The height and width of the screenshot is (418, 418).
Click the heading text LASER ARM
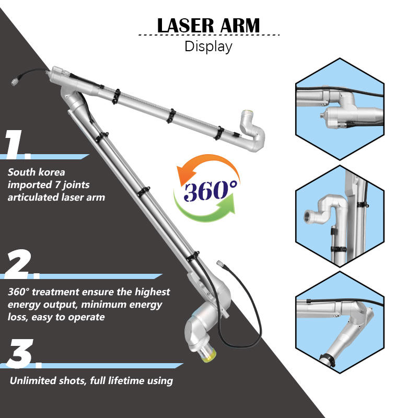click(x=208, y=25)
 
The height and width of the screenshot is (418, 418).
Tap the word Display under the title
click(x=208, y=46)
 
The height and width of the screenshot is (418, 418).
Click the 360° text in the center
click(x=205, y=191)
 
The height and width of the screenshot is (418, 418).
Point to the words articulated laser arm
click(x=56, y=197)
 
